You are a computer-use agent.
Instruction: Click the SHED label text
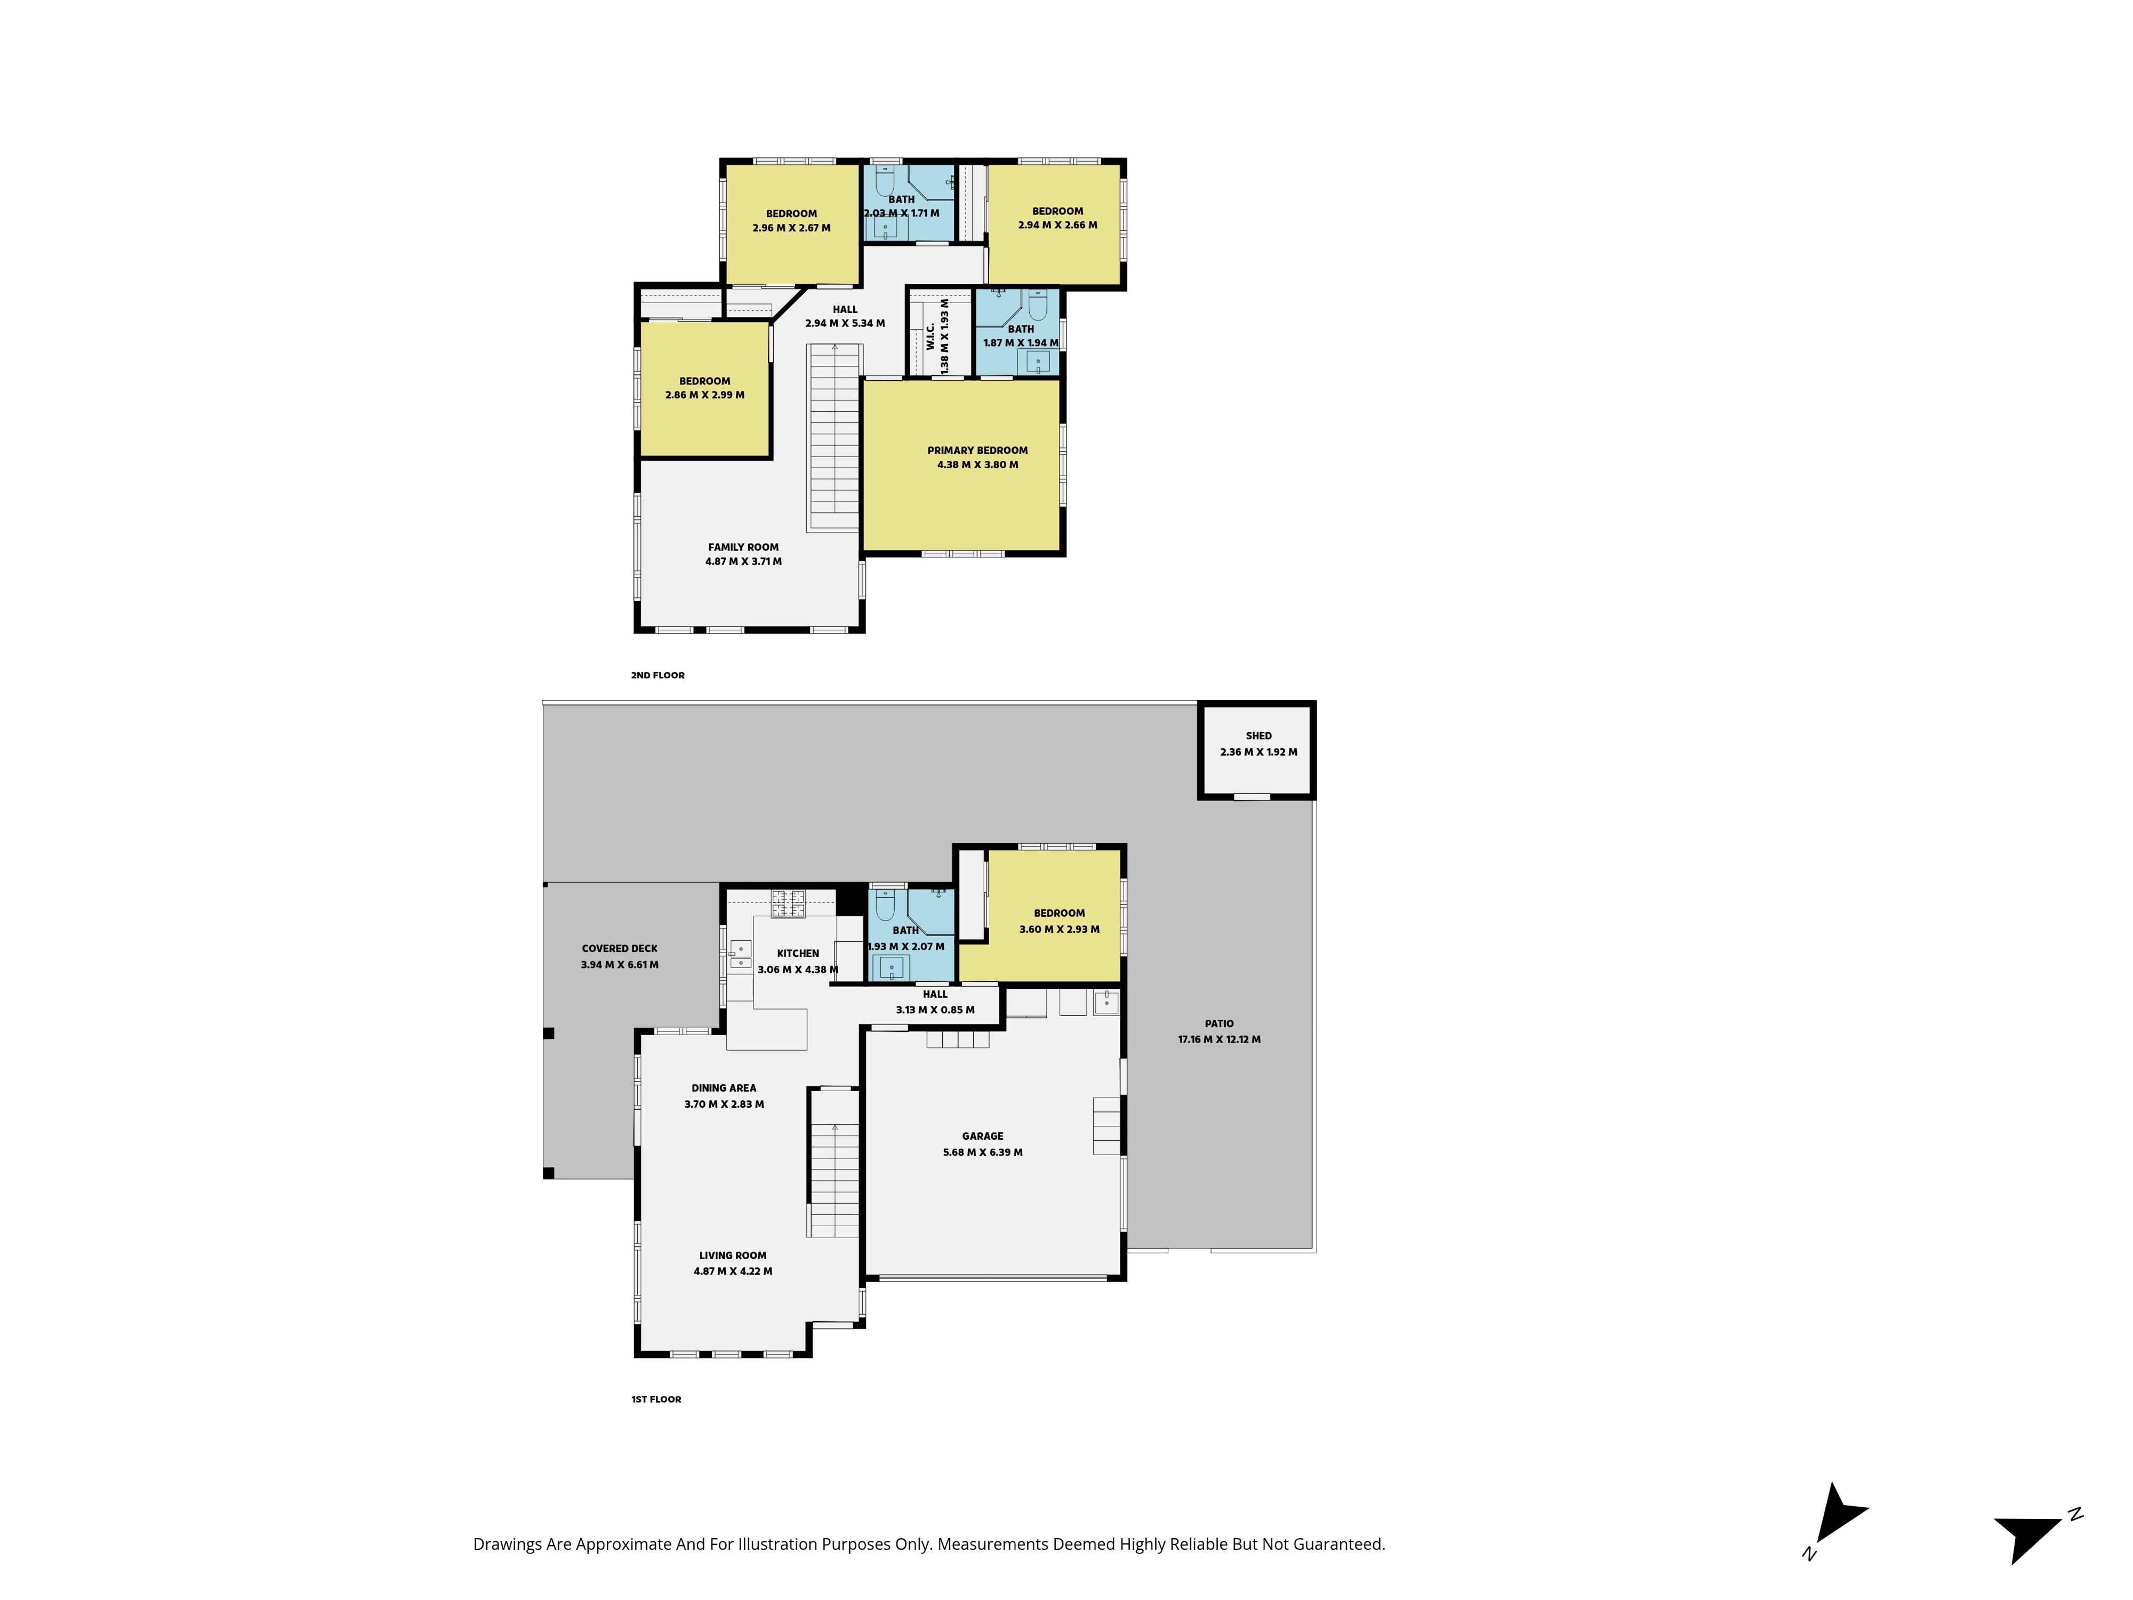point(1258,736)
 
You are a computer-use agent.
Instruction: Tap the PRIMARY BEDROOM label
point(978,450)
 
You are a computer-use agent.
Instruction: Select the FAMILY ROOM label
point(743,547)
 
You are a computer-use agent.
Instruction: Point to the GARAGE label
point(983,1136)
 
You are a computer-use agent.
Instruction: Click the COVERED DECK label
point(620,948)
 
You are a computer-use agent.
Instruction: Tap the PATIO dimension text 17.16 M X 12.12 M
point(1219,1039)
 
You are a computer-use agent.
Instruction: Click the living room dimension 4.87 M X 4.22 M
point(733,1271)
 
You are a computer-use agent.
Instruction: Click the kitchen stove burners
point(788,903)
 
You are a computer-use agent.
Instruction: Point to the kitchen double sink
point(740,954)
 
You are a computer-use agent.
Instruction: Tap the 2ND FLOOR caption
point(657,675)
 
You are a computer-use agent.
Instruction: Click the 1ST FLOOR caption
point(656,1399)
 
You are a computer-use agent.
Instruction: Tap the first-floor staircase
point(833,1163)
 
